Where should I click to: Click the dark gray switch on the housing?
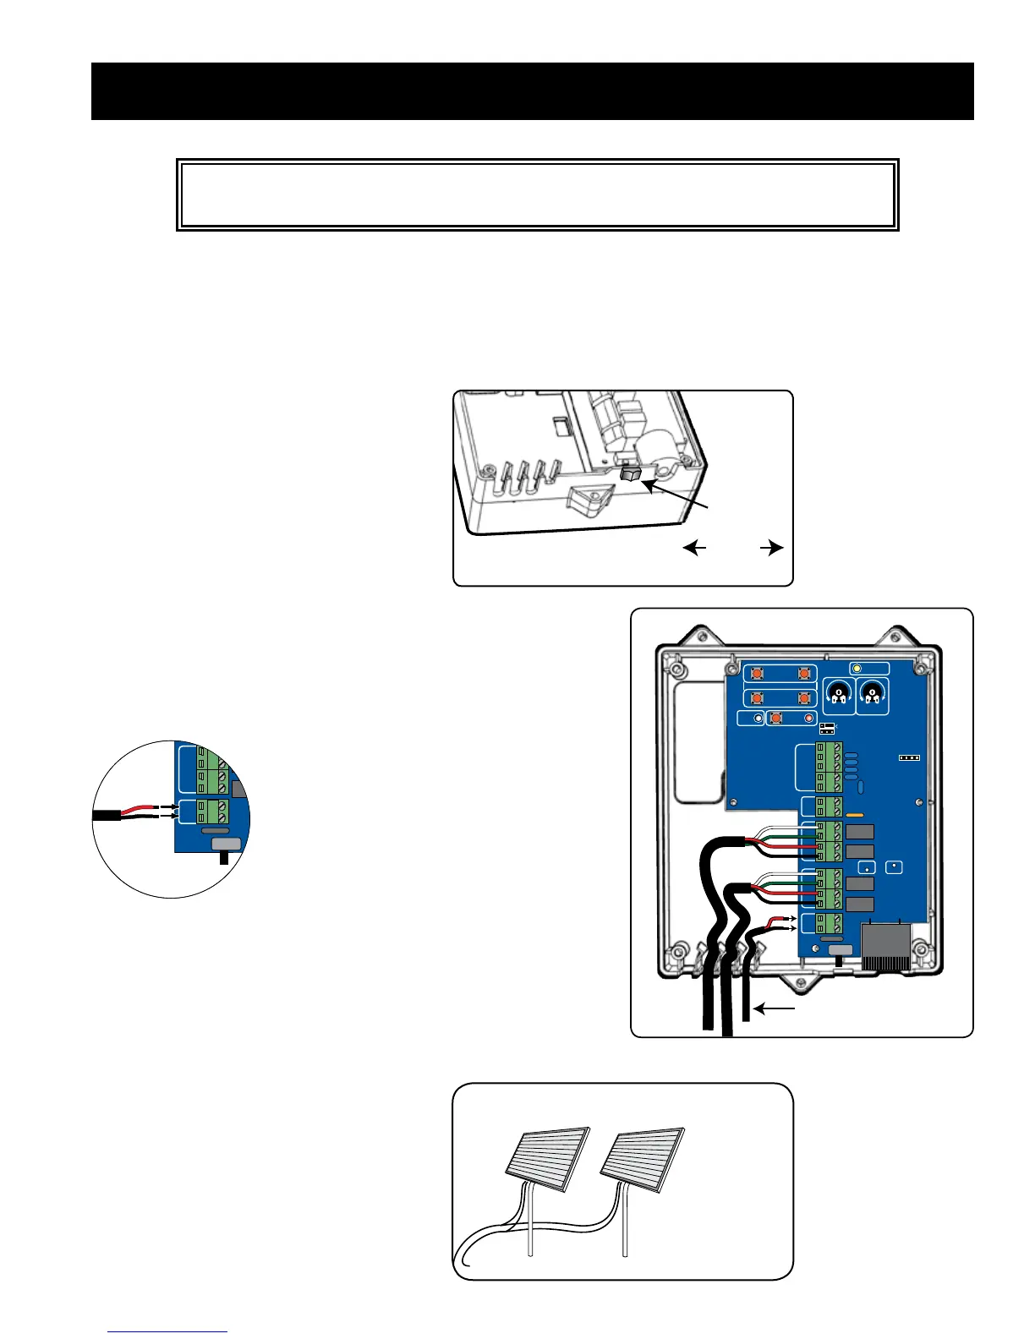tap(630, 477)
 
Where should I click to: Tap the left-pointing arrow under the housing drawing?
tap(694, 549)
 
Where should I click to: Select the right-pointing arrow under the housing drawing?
tap(772, 549)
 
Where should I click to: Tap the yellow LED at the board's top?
tap(857, 669)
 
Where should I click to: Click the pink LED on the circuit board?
tap(808, 719)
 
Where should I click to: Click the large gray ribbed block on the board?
tap(884, 945)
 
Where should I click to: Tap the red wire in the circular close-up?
tap(140, 808)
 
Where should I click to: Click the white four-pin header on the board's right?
tap(909, 757)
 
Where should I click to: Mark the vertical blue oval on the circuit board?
tap(860, 787)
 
